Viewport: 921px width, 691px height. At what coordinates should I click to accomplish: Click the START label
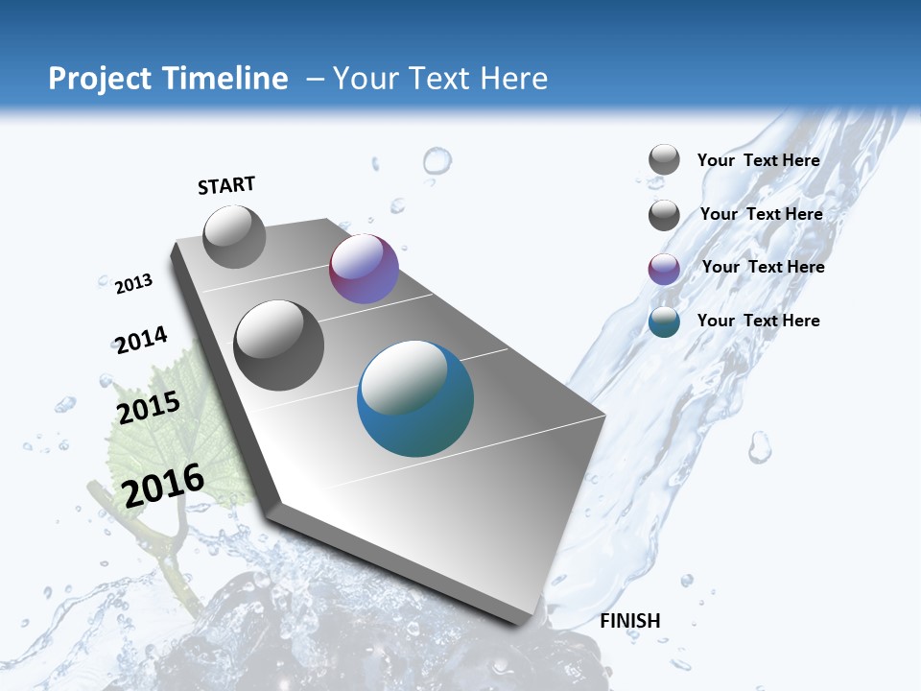(226, 185)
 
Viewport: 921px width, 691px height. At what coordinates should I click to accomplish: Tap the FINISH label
(630, 621)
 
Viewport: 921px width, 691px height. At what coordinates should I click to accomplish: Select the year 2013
(133, 283)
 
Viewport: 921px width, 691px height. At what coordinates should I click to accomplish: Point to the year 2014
(141, 340)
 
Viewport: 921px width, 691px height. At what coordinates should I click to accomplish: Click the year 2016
(163, 485)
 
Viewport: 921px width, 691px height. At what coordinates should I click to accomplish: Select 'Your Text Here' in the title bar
(440, 79)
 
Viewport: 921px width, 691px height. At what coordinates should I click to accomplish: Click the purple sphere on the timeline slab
(364, 269)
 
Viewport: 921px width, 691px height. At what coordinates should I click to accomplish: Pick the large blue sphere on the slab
(415, 398)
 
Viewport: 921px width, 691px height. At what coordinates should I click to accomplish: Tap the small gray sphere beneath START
(234, 236)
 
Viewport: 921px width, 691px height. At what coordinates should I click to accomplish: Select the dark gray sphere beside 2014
(279, 345)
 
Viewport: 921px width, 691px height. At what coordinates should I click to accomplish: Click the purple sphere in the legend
(664, 269)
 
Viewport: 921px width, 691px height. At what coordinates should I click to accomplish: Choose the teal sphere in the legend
(664, 322)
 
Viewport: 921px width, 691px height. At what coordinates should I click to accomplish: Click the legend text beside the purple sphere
(763, 267)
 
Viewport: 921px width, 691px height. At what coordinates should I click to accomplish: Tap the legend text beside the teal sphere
(758, 321)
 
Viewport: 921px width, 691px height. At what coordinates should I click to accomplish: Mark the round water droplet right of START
(437, 160)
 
